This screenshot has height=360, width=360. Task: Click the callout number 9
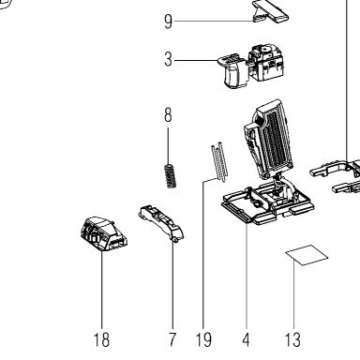tap(168, 22)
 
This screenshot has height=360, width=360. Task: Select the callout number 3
tap(168, 59)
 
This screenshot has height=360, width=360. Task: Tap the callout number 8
tap(168, 115)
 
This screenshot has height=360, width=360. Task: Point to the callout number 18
tap(101, 339)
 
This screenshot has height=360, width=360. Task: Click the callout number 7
tap(172, 339)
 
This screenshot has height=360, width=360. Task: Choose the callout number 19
tap(203, 339)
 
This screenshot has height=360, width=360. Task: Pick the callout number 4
tap(246, 339)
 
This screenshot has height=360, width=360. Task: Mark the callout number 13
tap(292, 339)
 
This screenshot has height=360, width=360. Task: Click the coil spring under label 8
tap(171, 176)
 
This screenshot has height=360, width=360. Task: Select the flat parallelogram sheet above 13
tap(307, 255)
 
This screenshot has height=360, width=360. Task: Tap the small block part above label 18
tap(103, 233)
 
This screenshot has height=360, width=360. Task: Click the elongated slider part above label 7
tap(160, 222)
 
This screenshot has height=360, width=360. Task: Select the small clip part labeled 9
tap(270, 10)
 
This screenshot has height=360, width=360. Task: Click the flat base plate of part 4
tap(267, 203)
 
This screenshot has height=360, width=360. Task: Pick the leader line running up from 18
tap(101, 290)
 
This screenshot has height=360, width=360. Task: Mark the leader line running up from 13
tap(293, 294)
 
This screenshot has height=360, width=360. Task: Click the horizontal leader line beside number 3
tap(196, 60)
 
